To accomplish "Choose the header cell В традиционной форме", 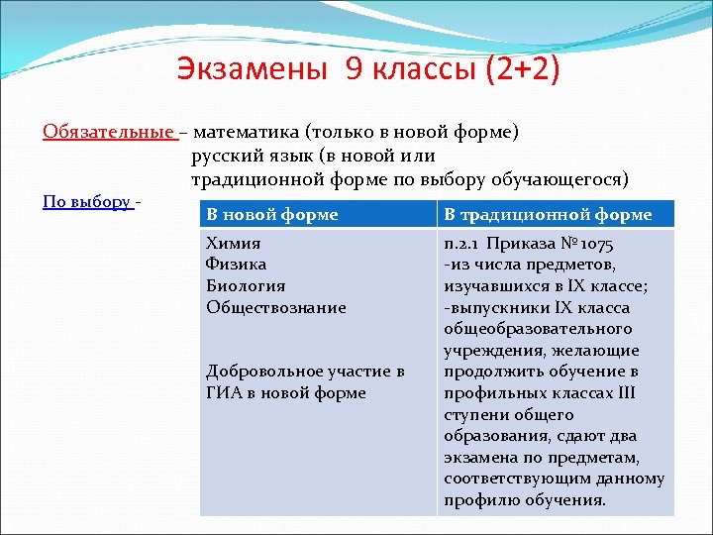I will coord(548,214).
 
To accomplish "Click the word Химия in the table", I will coord(233,243).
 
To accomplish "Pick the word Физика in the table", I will coord(236,264).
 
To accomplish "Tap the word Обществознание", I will coord(276,307).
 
